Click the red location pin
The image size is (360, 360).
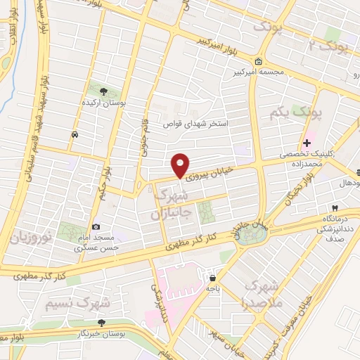(181, 164)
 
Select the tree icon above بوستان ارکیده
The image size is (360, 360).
(103, 91)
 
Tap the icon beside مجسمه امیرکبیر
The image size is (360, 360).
(260, 61)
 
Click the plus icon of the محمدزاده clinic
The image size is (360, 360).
(307, 143)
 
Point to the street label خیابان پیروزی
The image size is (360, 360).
(209, 171)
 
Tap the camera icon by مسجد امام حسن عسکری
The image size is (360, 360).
(96, 227)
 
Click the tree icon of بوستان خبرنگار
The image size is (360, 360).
(102, 322)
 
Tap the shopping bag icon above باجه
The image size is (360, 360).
(212, 278)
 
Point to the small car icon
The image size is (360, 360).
(74, 134)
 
